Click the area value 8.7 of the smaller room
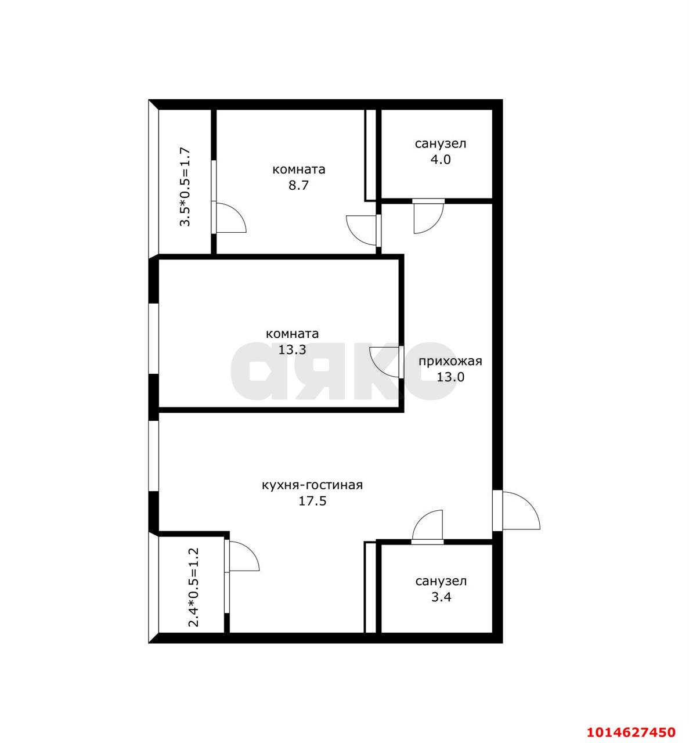(298, 186)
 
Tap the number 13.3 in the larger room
(293, 350)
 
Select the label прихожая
(450, 362)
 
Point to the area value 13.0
(450, 377)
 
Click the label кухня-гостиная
(312, 486)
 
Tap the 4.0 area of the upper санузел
(441, 160)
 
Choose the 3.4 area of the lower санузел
(441, 597)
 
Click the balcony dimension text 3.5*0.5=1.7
(185, 187)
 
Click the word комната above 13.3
(293, 334)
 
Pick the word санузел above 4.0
(441, 144)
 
